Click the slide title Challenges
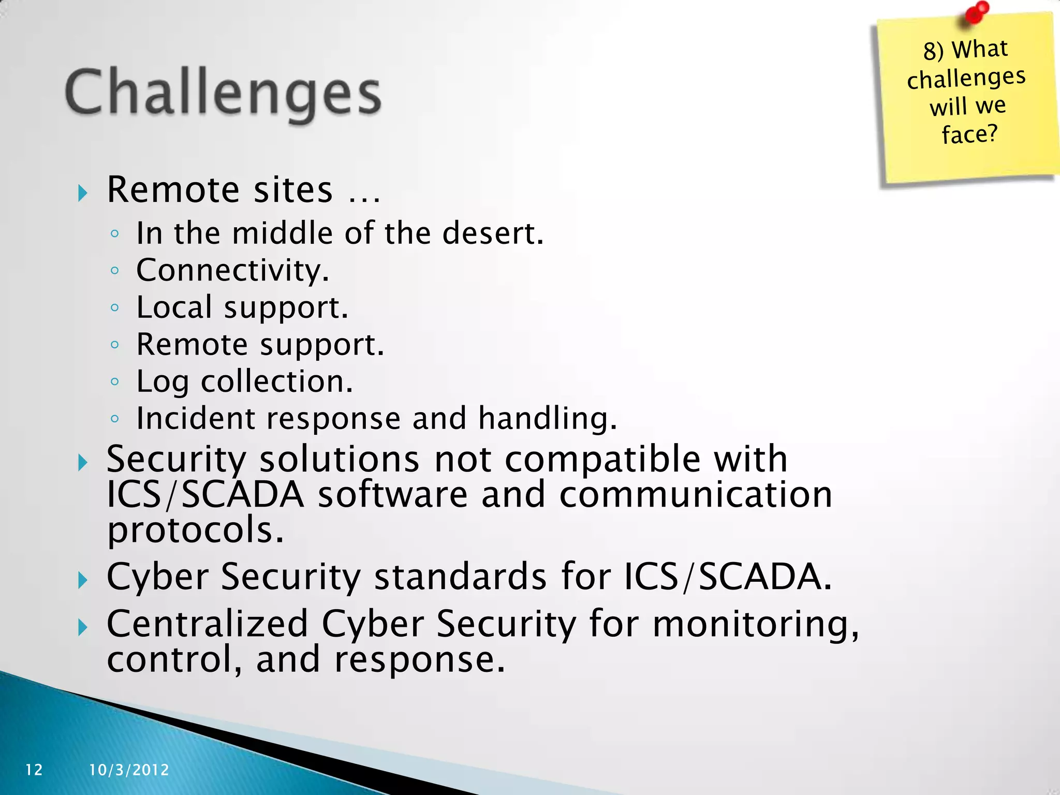tap(223, 93)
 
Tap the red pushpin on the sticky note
tap(976, 12)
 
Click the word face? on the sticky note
tap(969, 135)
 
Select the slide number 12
tap(34, 770)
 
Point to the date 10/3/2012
tap(129, 770)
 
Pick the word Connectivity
tap(232, 270)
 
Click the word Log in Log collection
tap(162, 382)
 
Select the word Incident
tap(196, 418)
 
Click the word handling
tap(548, 418)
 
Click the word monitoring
tap(756, 624)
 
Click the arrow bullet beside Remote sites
tap(82, 194)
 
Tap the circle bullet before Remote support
tap(115, 345)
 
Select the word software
tap(393, 495)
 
